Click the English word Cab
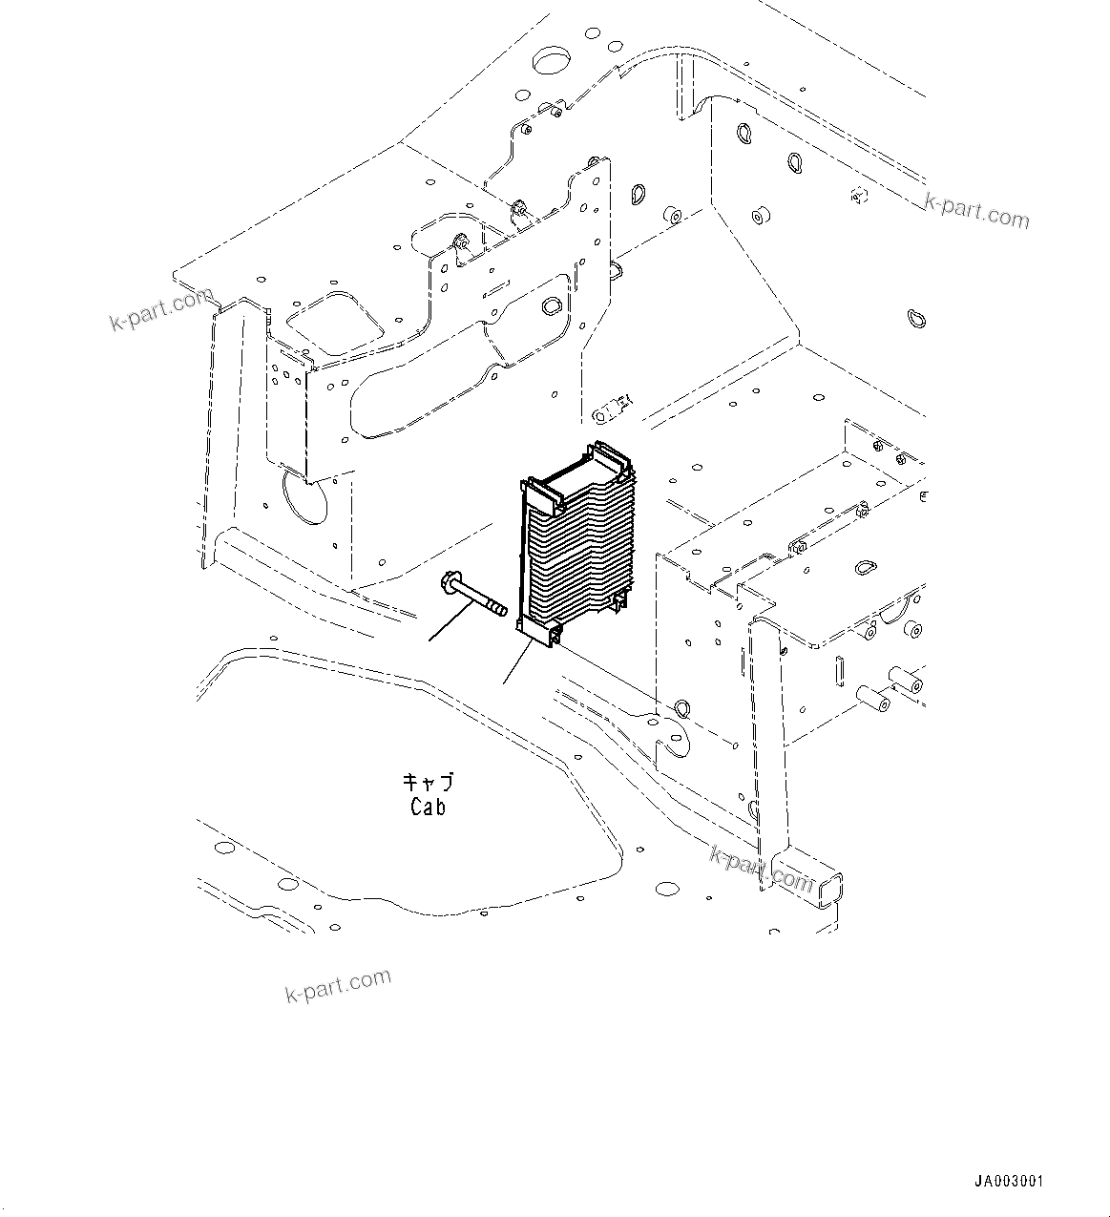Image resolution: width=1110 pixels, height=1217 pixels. (428, 808)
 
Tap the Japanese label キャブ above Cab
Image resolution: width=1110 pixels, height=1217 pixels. (428, 783)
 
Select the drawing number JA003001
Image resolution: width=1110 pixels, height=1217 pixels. (1009, 1181)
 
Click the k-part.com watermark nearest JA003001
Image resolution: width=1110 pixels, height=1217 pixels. (338, 985)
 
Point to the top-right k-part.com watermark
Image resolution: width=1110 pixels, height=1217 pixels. (976, 212)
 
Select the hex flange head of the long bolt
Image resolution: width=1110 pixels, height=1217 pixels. (449, 581)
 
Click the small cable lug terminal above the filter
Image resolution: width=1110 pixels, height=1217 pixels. (611, 409)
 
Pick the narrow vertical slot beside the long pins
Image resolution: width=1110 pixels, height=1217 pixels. (839, 672)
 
